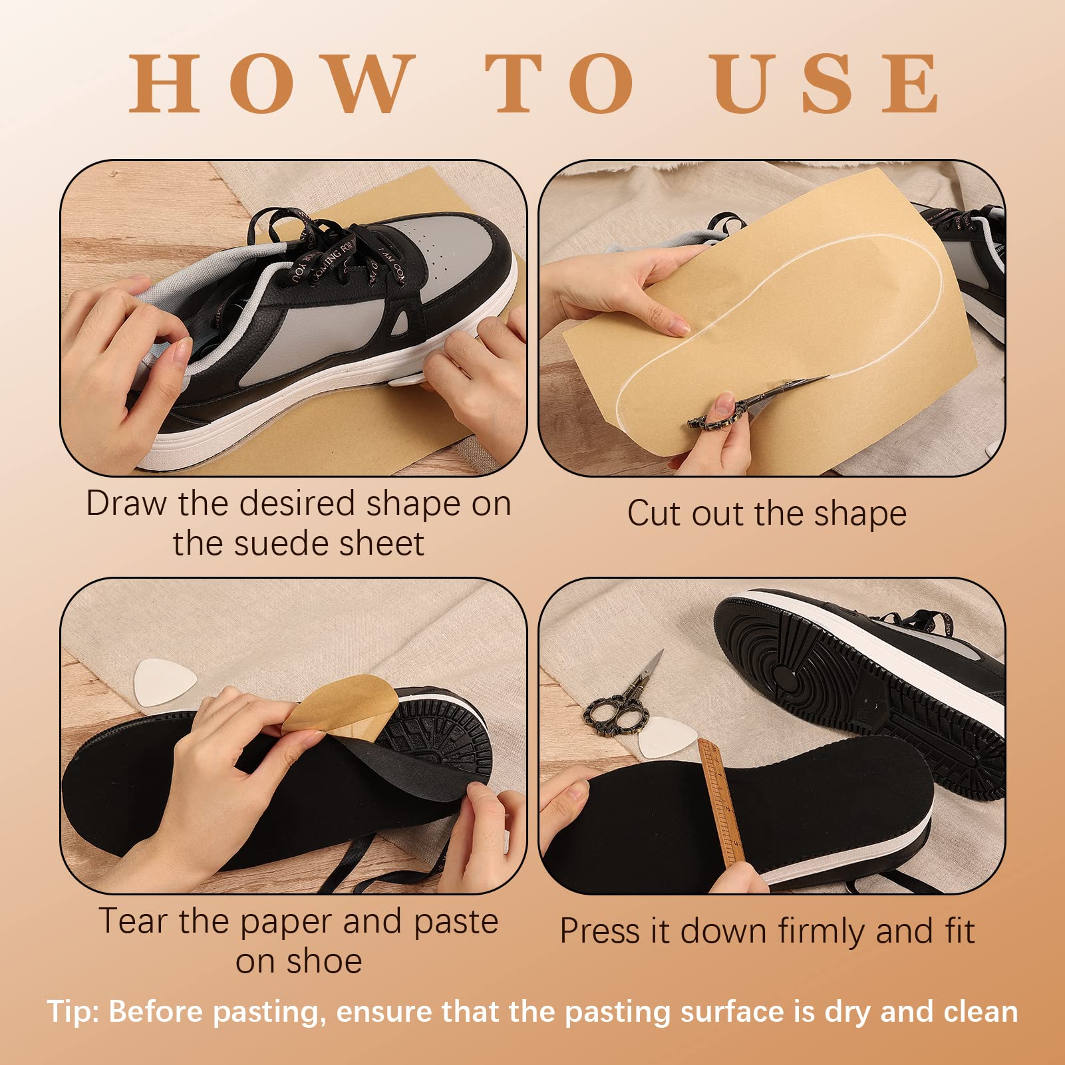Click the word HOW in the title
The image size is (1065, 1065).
click(272, 84)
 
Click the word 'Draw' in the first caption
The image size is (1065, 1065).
click(126, 504)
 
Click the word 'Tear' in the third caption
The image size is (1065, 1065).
click(134, 922)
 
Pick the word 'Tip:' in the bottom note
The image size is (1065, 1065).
click(73, 1012)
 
